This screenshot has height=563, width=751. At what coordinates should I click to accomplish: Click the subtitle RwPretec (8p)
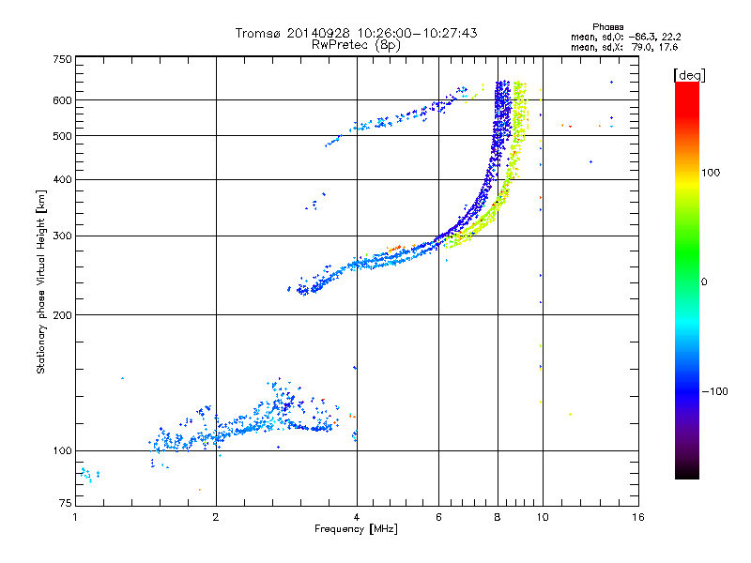(x=356, y=45)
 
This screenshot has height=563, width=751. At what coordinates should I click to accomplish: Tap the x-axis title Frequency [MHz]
(x=356, y=529)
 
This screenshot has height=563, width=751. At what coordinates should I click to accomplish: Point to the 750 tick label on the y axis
(x=62, y=59)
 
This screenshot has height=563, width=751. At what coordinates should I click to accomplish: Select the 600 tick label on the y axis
(x=62, y=100)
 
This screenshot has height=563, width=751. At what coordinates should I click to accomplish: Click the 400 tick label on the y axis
(x=62, y=180)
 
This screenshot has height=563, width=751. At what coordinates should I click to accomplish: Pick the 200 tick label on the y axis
(x=62, y=315)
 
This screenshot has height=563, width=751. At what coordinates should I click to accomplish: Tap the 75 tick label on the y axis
(x=66, y=503)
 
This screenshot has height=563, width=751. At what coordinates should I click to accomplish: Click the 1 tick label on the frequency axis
(x=75, y=517)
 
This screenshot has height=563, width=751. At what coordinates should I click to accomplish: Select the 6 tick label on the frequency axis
(x=438, y=517)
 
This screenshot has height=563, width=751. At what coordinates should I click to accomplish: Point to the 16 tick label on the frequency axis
(x=638, y=517)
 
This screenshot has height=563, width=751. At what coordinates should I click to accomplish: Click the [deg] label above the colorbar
(x=689, y=76)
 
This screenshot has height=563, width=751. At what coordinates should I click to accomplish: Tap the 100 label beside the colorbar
(x=711, y=173)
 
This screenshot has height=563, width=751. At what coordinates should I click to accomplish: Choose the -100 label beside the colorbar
(x=714, y=391)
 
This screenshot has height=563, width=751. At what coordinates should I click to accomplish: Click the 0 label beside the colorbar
(x=704, y=282)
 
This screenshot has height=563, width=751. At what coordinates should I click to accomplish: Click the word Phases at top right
(x=607, y=27)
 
